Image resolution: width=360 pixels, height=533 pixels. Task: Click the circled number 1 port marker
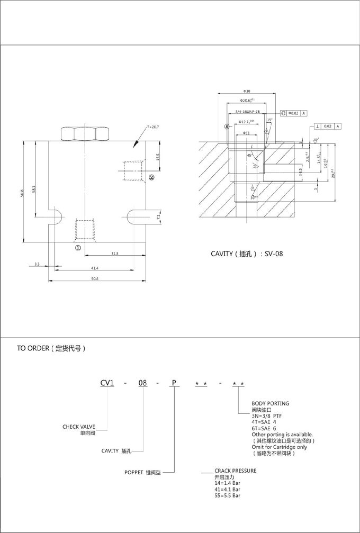click(x=77, y=247)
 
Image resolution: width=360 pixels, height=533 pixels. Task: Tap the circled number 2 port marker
click(x=151, y=178)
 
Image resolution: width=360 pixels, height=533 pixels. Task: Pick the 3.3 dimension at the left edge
click(x=37, y=263)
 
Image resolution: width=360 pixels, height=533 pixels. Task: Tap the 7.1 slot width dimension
click(x=157, y=216)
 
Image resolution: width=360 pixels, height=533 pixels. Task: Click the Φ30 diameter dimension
click(x=247, y=91)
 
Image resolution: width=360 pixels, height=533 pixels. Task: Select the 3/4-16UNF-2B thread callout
click(x=247, y=112)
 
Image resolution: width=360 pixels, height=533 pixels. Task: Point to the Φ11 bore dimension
click(x=246, y=132)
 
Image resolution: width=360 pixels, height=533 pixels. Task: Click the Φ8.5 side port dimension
click(x=301, y=173)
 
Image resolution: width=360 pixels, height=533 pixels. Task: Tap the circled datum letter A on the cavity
click(x=227, y=127)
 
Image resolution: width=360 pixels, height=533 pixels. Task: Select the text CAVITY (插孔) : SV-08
click(x=247, y=254)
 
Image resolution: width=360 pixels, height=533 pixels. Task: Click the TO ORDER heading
click(x=51, y=349)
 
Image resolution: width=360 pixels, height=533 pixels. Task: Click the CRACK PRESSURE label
click(x=235, y=470)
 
